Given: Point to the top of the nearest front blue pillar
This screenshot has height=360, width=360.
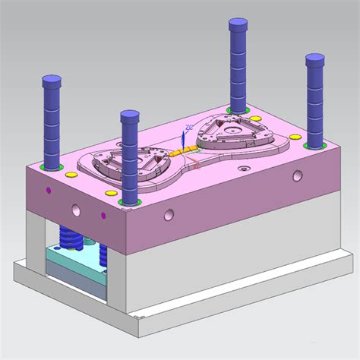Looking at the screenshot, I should [130, 117].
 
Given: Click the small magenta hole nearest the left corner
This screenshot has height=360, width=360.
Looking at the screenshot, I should [49, 190].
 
